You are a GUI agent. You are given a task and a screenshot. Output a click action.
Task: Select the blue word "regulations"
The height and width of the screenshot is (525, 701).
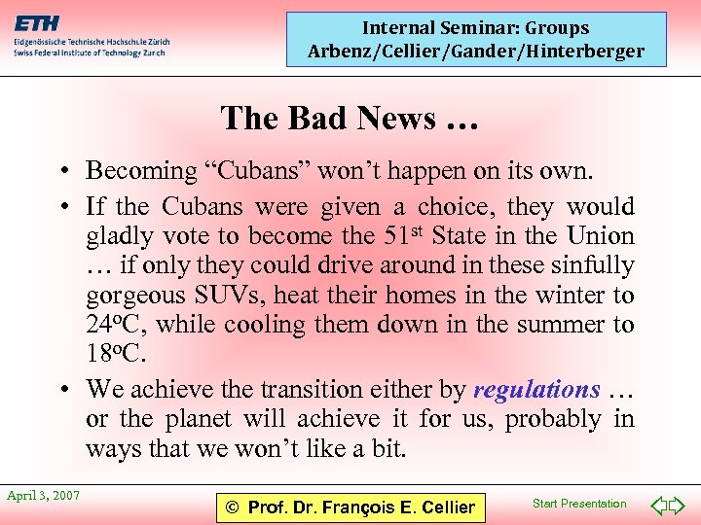tap(536, 390)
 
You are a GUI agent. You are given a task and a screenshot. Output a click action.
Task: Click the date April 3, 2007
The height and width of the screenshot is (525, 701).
tap(44, 496)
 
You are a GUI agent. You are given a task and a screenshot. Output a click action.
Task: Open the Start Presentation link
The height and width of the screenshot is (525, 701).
tap(579, 504)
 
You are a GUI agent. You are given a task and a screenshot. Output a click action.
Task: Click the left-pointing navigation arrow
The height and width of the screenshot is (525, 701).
tap(660, 506)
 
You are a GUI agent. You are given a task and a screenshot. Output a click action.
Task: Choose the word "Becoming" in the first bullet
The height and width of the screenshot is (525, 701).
tap(141, 171)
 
